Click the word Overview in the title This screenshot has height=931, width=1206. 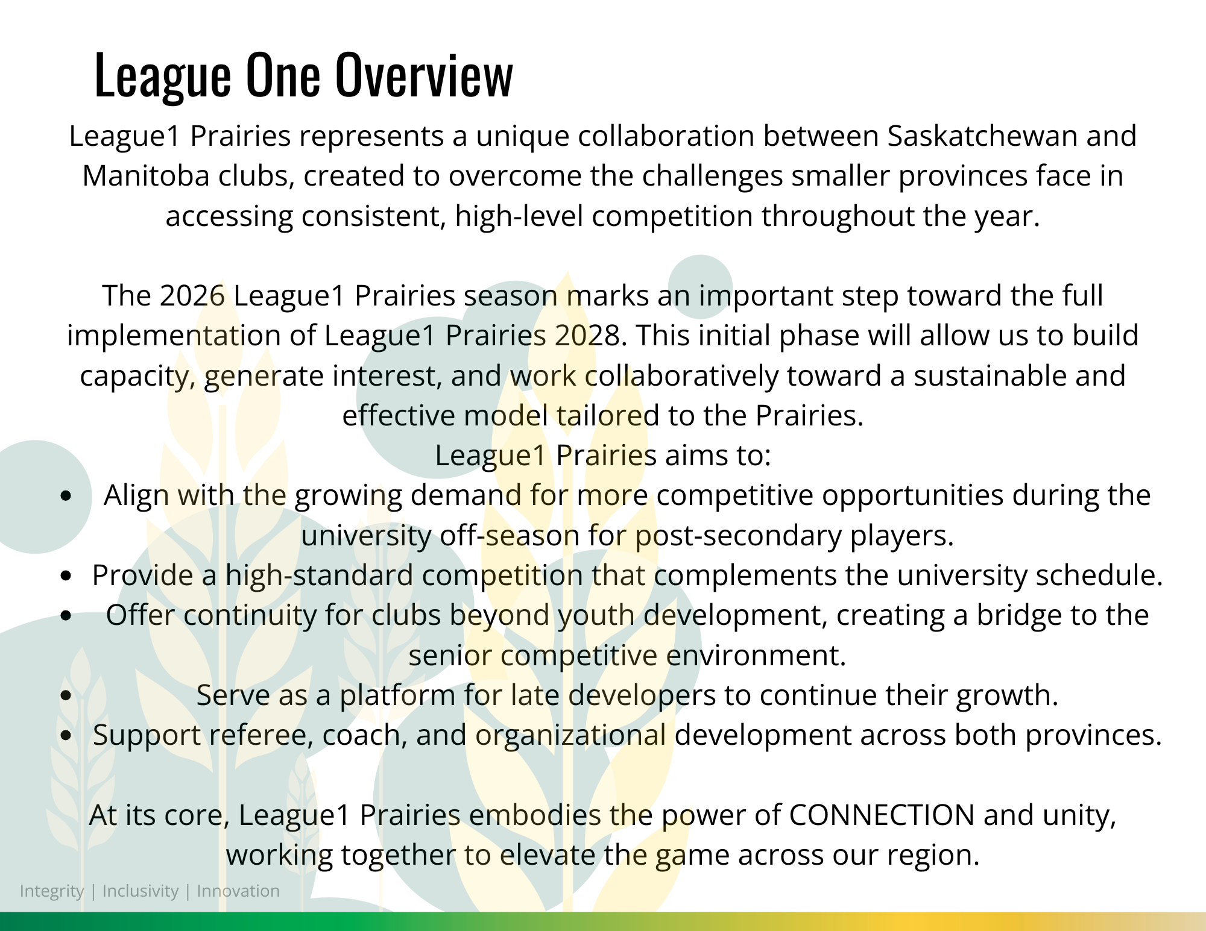[x=424, y=74]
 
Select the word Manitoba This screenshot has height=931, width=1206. [x=146, y=176]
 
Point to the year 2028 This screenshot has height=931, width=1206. [x=587, y=335]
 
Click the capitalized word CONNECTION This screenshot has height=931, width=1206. [x=882, y=815]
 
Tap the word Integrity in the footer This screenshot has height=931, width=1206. [x=52, y=891]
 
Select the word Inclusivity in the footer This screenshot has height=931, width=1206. [x=140, y=891]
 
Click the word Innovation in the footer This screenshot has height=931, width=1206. [x=238, y=891]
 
